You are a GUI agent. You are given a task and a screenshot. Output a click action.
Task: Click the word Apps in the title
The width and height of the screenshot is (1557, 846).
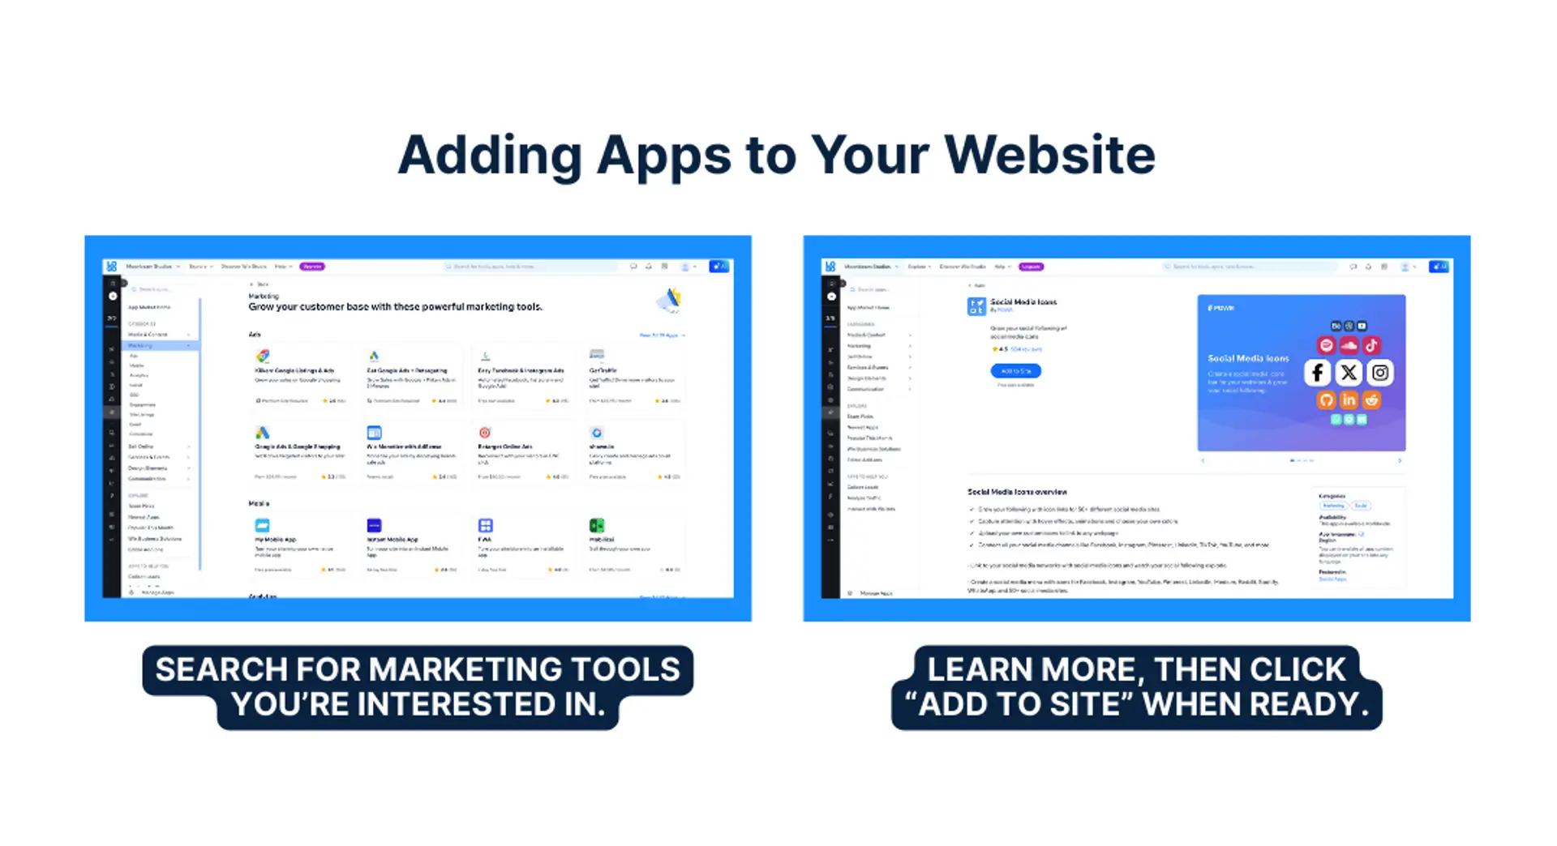click(664, 155)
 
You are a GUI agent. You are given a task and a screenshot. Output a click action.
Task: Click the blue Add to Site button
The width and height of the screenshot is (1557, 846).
click(1015, 371)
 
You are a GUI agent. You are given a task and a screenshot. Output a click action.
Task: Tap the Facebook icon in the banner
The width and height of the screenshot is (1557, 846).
click(1318, 373)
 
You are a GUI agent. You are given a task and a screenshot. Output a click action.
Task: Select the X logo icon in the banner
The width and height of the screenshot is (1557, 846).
click(1349, 373)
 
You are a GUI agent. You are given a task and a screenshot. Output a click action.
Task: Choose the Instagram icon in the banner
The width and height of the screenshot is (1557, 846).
click(1380, 373)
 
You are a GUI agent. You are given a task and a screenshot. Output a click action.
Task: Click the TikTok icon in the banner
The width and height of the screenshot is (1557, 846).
click(1371, 345)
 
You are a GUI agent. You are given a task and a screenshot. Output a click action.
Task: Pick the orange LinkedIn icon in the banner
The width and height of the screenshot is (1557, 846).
click(1349, 399)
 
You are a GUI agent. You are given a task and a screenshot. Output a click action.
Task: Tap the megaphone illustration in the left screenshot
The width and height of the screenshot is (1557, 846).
click(670, 301)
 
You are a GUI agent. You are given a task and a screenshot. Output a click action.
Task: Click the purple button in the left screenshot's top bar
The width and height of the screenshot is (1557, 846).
click(312, 267)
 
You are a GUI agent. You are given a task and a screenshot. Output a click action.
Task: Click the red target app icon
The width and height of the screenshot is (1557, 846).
click(485, 433)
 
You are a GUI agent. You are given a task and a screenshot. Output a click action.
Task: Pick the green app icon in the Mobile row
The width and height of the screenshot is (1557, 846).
click(597, 526)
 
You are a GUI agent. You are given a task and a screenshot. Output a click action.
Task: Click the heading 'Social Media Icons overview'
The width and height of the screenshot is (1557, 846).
click(1017, 492)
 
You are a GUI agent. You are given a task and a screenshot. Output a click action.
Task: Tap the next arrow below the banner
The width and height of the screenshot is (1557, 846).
click(1400, 460)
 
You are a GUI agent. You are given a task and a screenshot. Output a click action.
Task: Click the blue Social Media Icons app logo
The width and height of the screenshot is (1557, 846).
click(976, 306)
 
